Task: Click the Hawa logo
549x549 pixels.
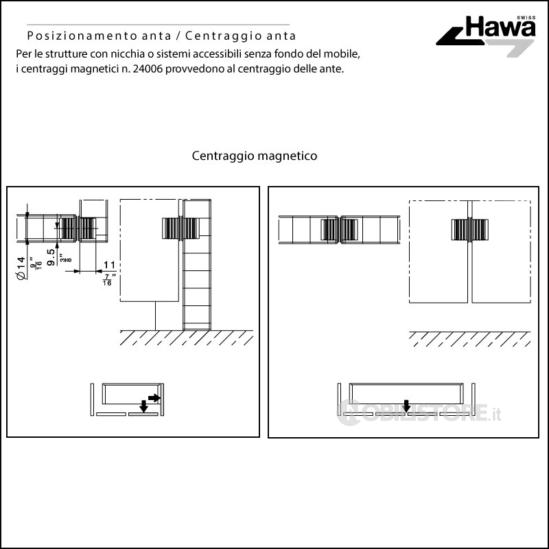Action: coord(487,35)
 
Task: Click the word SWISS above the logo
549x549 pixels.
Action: coord(526,18)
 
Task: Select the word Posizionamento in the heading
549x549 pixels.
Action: coord(82,36)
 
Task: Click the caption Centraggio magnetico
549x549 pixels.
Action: coord(255,156)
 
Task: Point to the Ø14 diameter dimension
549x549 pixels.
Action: coord(21,268)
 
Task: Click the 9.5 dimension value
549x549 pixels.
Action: coord(51,257)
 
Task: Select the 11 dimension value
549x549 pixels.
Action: coord(109,265)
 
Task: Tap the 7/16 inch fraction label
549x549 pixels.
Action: coord(108,280)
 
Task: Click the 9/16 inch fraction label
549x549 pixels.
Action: coord(36,263)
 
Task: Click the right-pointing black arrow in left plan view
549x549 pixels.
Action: coord(154,398)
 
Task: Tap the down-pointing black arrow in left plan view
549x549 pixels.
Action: coord(143,406)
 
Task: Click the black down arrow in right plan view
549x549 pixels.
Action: coord(406,406)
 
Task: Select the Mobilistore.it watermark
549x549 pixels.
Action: coord(419,412)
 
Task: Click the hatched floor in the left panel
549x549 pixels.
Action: coord(186,338)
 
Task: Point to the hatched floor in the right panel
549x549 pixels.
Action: coord(470,339)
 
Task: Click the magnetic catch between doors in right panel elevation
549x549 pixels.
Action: coord(470,230)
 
